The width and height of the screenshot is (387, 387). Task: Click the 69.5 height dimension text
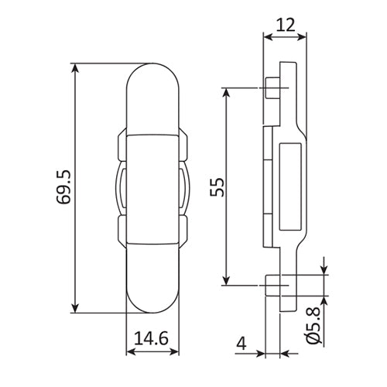pyautogui.click(x=63, y=189)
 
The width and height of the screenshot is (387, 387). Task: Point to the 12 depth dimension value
pyautogui.click(x=285, y=24)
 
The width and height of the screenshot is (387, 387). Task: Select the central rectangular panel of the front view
pyautogui.click(x=153, y=189)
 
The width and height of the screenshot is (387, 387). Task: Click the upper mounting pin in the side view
pyautogui.click(x=272, y=88)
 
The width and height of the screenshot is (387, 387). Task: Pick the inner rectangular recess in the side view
pyautogui.click(x=289, y=187)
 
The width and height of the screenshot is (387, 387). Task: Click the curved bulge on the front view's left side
pyautogui.click(x=121, y=189)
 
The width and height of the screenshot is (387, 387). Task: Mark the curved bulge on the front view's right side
pyautogui.click(x=186, y=189)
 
